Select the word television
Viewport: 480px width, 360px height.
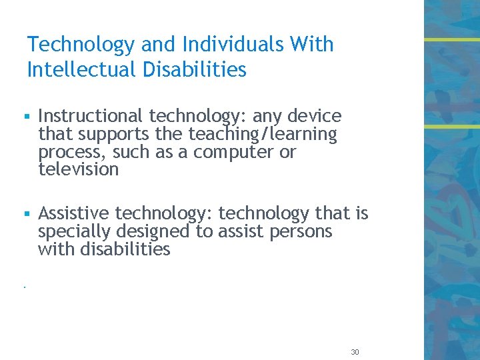(79, 169)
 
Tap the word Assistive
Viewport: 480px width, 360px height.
(74, 213)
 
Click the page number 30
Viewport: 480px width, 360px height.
(355, 352)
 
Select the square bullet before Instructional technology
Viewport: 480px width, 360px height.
(27, 117)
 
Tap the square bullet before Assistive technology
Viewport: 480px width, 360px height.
(27, 215)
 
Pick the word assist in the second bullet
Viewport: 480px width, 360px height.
(233, 232)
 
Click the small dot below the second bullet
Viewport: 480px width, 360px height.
(23, 287)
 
